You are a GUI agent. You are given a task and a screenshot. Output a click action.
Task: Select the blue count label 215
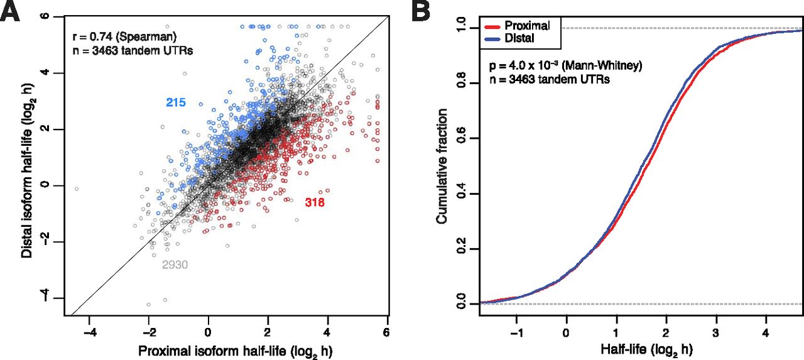(x=177, y=102)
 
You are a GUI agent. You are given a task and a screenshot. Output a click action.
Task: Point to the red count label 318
(x=314, y=202)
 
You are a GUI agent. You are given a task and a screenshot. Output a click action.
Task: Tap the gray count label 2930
(x=175, y=265)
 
